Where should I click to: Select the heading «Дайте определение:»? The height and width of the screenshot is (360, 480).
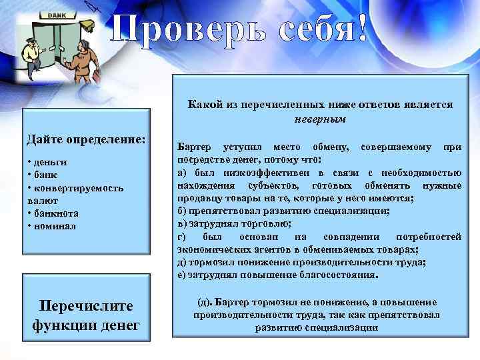point(85,140)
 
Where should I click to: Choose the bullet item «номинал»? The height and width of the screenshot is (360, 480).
point(54,226)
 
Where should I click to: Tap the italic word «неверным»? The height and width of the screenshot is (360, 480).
point(320,118)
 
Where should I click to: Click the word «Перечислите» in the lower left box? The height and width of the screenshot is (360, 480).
point(87,306)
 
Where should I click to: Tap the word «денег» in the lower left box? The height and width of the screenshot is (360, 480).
point(117,325)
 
